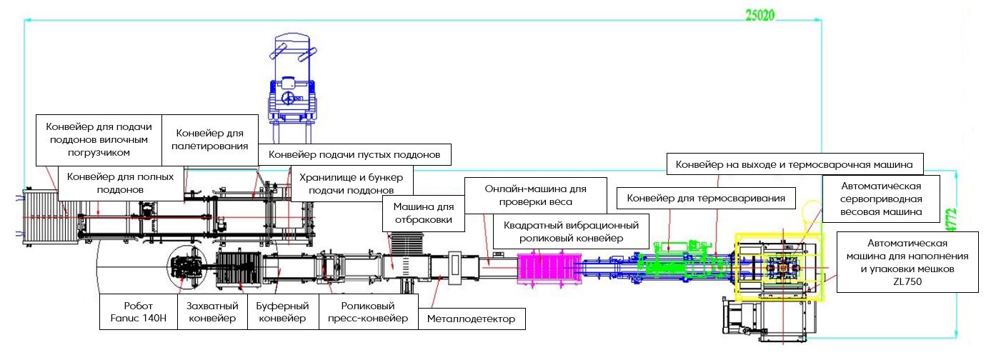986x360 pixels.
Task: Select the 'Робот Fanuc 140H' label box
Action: pyautogui.click(x=137, y=312)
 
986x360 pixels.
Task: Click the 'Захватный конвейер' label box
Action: pyautogui.click(x=211, y=312)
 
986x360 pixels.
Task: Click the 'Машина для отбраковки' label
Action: pyautogui.click(x=424, y=212)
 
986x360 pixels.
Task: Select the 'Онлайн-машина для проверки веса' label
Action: pyautogui.click(x=535, y=195)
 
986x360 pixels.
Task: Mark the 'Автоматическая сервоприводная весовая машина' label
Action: pyautogui.click(x=882, y=198)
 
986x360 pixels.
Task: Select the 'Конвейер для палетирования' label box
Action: pyautogui.click(x=210, y=139)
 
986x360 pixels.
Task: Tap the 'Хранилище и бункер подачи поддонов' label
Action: pyautogui.click(x=352, y=184)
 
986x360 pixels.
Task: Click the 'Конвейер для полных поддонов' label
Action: pyautogui.click(x=119, y=183)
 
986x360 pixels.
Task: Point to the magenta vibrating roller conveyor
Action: pyautogui.click(x=547, y=268)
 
